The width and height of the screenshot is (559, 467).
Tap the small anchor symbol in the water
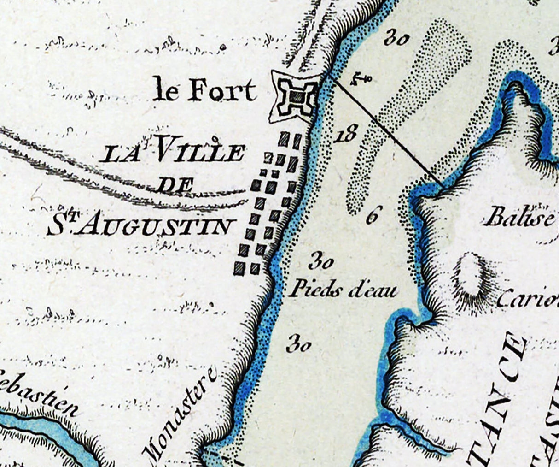tap(360, 80)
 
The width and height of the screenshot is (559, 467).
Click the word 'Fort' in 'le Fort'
tap(222, 91)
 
